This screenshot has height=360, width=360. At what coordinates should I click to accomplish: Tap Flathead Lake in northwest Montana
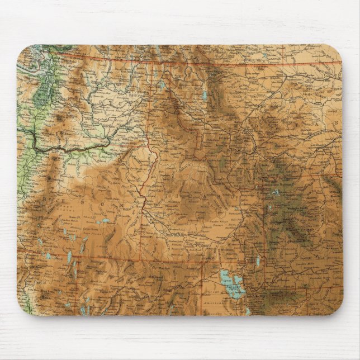(205, 95)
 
